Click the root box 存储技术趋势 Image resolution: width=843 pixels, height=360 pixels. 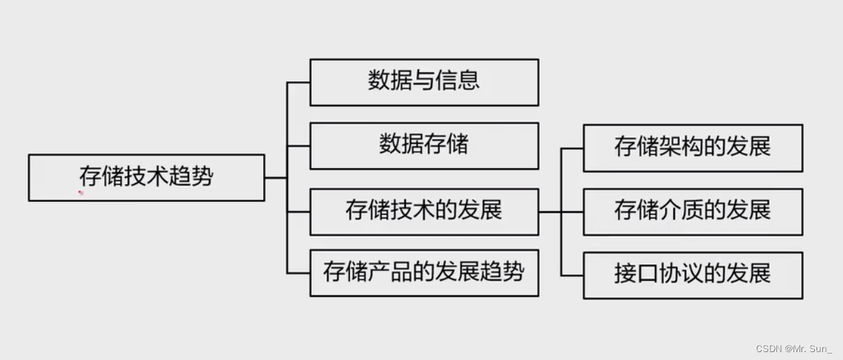(x=146, y=177)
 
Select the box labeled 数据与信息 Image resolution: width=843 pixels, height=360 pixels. (x=423, y=82)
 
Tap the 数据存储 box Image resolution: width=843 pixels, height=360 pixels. (x=423, y=145)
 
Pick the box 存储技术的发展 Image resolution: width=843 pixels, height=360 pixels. (x=423, y=211)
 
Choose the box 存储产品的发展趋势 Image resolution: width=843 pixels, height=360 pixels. (x=423, y=273)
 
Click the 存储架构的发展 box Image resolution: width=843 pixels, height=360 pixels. (x=692, y=148)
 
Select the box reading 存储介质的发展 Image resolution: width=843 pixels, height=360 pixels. (x=692, y=211)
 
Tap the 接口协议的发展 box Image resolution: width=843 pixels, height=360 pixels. (x=692, y=274)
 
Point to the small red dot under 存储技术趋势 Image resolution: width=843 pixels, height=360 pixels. (x=81, y=192)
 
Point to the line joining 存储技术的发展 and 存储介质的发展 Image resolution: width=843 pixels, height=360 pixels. (x=561, y=211)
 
